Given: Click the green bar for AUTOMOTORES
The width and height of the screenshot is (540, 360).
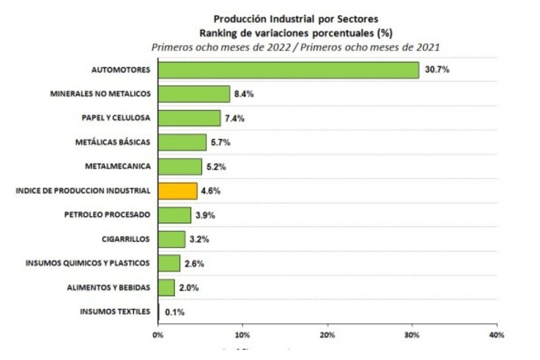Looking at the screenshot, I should (x=289, y=70).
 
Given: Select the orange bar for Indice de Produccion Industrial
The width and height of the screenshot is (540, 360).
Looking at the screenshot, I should (x=178, y=191).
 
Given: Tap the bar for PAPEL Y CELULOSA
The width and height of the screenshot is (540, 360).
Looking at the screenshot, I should (x=189, y=118).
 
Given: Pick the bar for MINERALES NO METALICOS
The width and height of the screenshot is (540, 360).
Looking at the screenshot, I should (x=194, y=94).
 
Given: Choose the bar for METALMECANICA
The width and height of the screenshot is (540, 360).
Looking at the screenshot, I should (x=180, y=166).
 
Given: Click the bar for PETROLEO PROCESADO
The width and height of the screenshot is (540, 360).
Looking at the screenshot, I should (x=174, y=215).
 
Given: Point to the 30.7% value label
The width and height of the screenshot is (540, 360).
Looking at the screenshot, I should (x=437, y=70).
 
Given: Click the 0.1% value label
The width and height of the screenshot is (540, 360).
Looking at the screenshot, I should (x=174, y=312).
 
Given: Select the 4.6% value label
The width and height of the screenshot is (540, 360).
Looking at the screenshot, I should (x=210, y=191).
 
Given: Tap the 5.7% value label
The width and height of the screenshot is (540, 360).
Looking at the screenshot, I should (x=220, y=142).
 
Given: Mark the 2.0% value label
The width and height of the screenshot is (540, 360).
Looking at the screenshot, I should (x=189, y=287).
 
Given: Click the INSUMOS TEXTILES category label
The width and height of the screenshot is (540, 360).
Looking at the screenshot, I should (x=115, y=312).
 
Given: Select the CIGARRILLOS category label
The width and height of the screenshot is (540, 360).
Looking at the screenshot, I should (x=125, y=239).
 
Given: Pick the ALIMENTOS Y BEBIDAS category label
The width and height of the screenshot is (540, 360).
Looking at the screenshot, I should (x=109, y=287).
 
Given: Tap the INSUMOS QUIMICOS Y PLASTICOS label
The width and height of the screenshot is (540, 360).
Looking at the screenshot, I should (x=88, y=263).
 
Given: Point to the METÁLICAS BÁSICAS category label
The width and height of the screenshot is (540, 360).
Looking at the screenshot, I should (x=112, y=142).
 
